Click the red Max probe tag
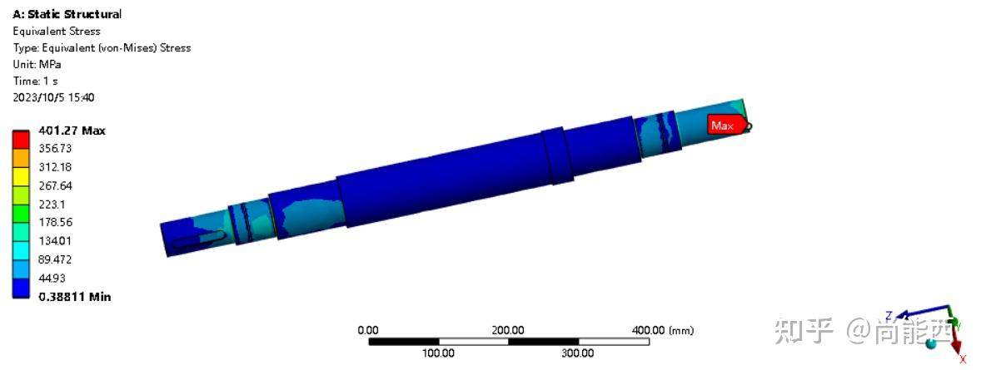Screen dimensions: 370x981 click(x=723, y=126)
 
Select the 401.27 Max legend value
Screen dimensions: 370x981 click(x=72, y=131)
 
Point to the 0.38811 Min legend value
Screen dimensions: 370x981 click(x=74, y=297)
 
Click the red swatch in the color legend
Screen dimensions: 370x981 click(x=22, y=140)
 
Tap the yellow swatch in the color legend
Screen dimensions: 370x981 click(x=22, y=176)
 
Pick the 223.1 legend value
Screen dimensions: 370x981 click(x=53, y=204)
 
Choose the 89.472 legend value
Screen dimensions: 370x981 click(x=56, y=259)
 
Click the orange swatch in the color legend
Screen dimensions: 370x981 click(x=22, y=158)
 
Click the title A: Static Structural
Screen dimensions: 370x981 click(x=67, y=14)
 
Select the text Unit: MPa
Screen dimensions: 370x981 click(x=37, y=64)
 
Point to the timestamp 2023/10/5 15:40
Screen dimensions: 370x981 click(x=53, y=97)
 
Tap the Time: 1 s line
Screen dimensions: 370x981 click(x=35, y=81)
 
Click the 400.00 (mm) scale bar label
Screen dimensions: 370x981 click(x=663, y=330)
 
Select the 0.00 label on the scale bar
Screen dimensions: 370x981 click(x=367, y=330)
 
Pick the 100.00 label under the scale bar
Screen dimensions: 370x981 click(x=438, y=353)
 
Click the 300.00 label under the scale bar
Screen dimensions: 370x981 click(x=577, y=353)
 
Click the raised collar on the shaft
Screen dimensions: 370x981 click(x=557, y=156)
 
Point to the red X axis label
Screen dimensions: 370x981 click(x=963, y=359)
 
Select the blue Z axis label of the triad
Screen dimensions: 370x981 click(x=889, y=315)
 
